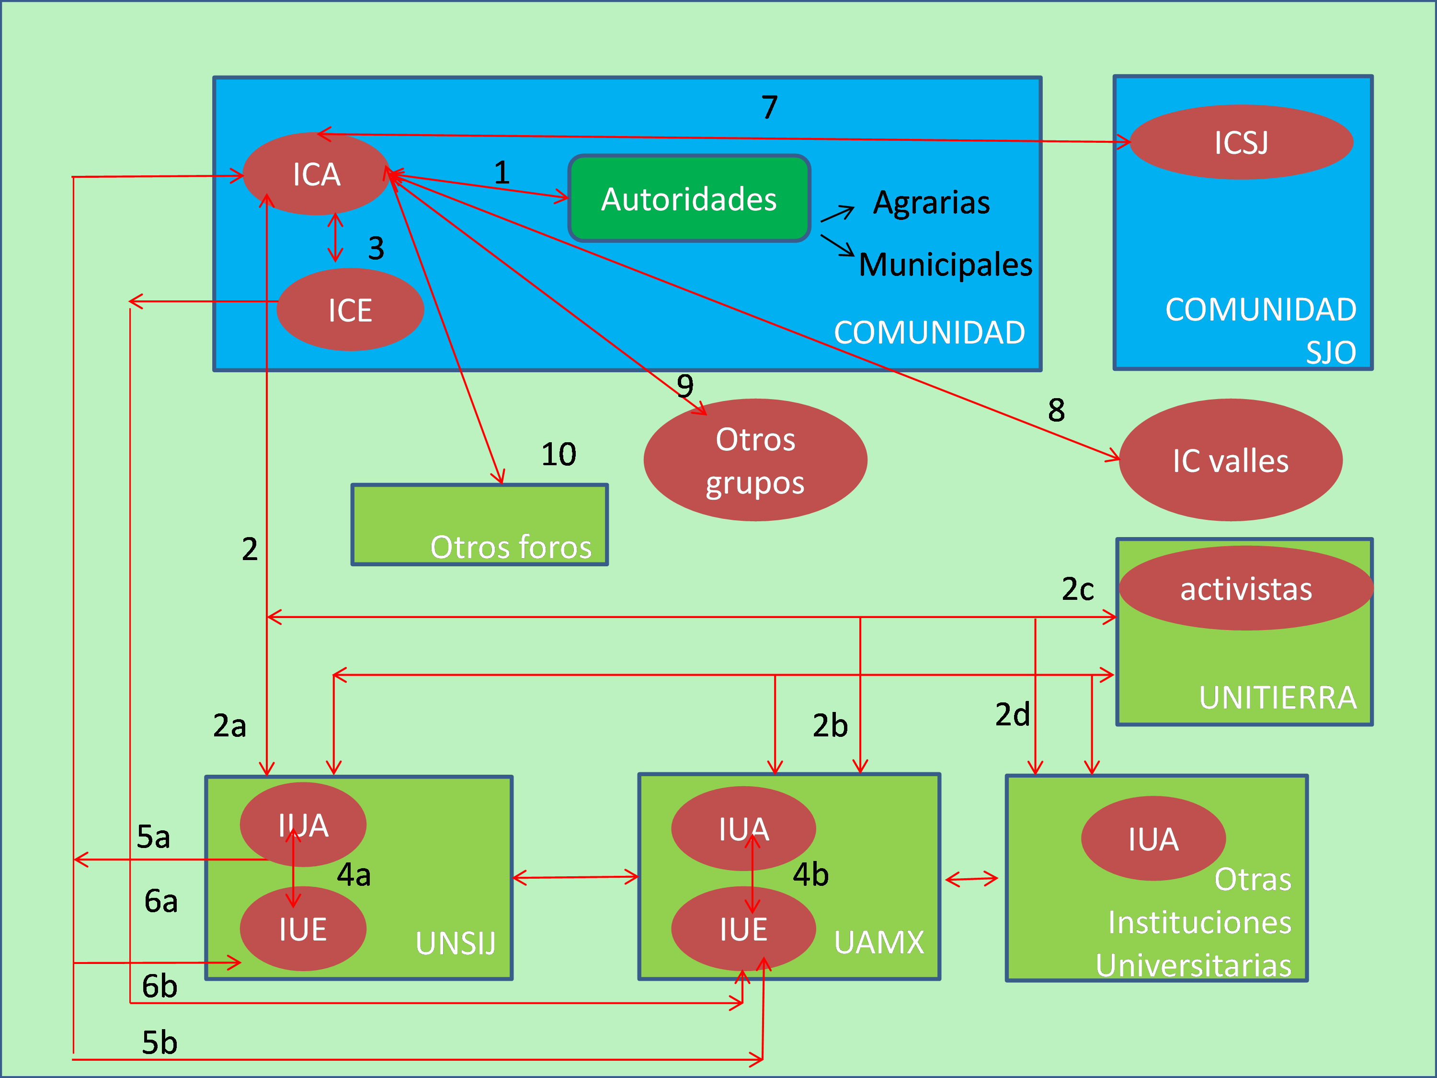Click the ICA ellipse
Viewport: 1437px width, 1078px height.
pos(316,174)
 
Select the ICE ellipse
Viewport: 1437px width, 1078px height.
pos(350,310)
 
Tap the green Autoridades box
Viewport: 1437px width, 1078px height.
pos(689,199)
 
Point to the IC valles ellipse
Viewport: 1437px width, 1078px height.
pos(1231,460)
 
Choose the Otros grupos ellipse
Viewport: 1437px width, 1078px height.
pos(755,460)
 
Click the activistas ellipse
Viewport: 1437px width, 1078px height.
pos(1245,588)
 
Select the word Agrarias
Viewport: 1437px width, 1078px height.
pos(931,202)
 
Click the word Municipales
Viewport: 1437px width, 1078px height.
pos(945,264)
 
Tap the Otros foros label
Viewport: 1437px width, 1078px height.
pos(511,547)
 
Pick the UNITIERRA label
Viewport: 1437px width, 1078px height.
pos(1277,697)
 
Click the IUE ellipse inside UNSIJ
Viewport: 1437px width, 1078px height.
pos(303,929)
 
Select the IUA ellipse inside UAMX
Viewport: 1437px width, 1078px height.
pos(743,828)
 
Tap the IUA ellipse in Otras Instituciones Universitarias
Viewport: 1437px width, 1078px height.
pos(1153,839)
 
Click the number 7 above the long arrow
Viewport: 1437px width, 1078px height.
pos(770,107)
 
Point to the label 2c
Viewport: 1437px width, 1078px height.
pos(1078,589)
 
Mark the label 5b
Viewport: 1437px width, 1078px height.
pos(159,1042)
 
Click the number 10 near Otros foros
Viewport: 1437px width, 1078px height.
pos(559,454)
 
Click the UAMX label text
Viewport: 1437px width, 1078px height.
pos(879,942)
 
